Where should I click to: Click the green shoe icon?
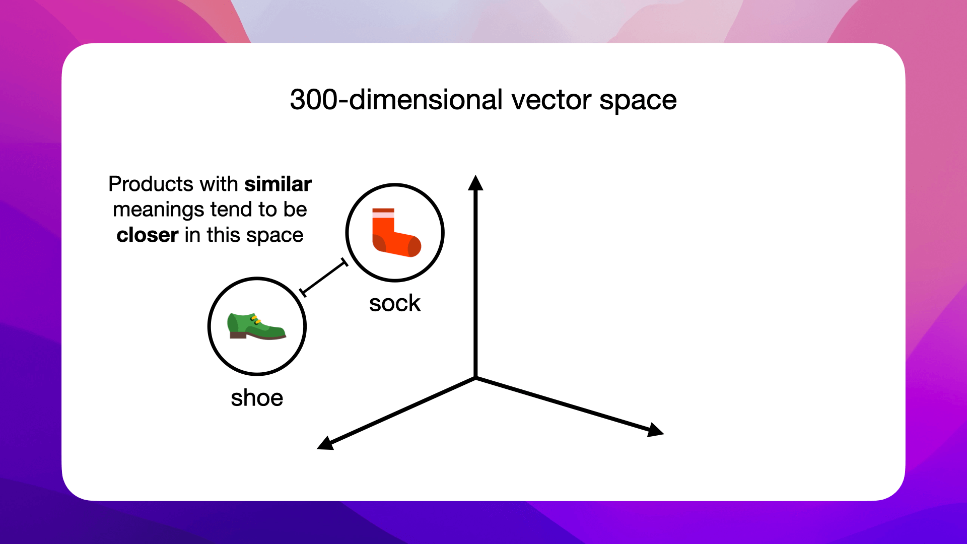point(256,326)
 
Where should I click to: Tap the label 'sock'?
point(394,303)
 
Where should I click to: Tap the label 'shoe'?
point(257,398)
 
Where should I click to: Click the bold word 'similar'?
point(278,184)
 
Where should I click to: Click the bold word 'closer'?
point(147,235)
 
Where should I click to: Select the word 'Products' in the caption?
point(151,184)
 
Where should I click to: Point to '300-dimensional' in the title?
point(396,100)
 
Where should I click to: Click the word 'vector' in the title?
point(551,100)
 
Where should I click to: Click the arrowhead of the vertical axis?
point(475,183)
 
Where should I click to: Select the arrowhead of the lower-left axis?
point(325,444)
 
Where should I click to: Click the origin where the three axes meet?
point(475,377)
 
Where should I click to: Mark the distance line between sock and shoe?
point(323,278)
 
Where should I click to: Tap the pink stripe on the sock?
point(383,215)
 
